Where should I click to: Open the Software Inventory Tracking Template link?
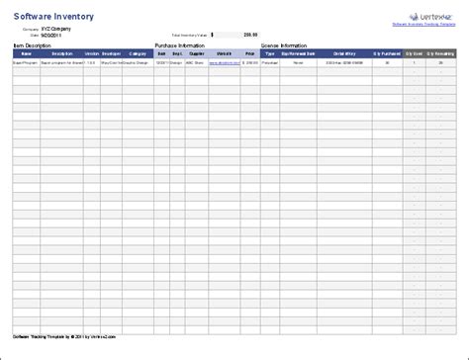click(x=424, y=26)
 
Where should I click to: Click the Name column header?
click(x=27, y=53)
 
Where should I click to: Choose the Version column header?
click(x=91, y=53)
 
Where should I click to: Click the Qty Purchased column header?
click(x=388, y=53)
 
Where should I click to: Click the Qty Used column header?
click(x=415, y=53)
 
